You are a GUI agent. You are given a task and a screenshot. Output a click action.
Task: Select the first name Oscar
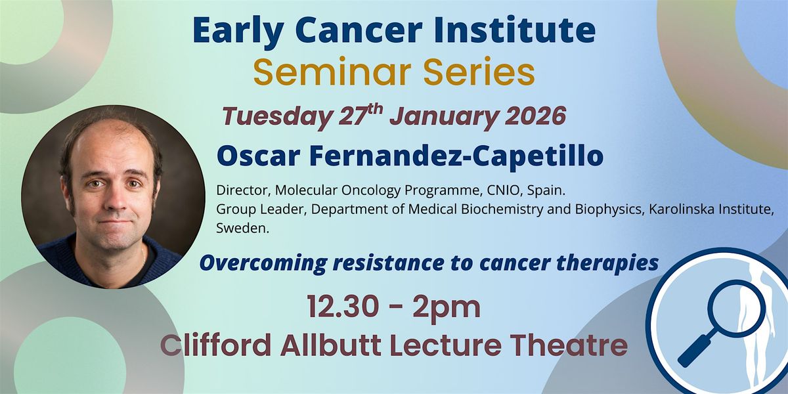pyautogui.click(x=258, y=156)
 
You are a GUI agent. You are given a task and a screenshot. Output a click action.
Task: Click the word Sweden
pyautogui.click(x=242, y=229)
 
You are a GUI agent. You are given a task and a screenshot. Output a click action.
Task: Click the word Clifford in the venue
pyautogui.click(x=215, y=345)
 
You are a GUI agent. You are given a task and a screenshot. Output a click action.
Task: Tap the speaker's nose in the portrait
pyautogui.click(x=119, y=200)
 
